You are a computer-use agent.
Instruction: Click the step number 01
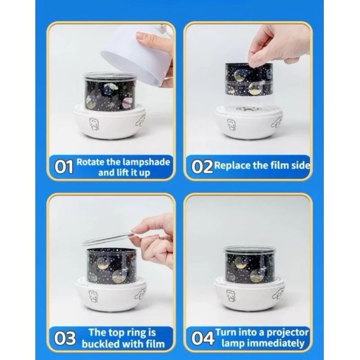(x=64, y=167)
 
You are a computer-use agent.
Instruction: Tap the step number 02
(x=202, y=167)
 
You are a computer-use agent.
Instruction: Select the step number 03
(x=65, y=338)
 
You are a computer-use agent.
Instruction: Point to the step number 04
(x=203, y=338)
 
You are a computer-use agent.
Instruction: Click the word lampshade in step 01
(x=146, y=162)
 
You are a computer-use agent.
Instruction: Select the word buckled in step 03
(x=101, y=344)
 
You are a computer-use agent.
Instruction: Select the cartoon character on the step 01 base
(x=94, y=124)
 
